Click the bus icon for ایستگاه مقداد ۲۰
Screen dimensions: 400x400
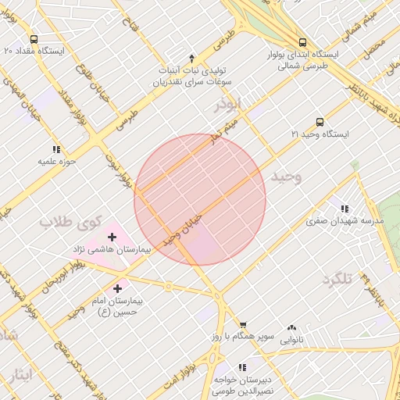(34, 39)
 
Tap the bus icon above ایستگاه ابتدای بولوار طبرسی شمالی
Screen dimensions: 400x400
(302, 42)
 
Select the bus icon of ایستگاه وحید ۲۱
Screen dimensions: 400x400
(320, 123)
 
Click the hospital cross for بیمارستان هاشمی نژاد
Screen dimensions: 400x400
(112, 236)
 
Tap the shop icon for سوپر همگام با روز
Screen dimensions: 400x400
(243, 325)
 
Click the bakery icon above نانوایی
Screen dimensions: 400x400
(292, 328)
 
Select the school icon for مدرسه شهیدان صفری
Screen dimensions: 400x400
(345, 209)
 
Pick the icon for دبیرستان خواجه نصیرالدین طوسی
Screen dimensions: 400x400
(241, 366)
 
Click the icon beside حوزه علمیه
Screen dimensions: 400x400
(56, 149)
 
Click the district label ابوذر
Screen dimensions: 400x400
(230, 104)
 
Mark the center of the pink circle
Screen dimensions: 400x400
(200, 200)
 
